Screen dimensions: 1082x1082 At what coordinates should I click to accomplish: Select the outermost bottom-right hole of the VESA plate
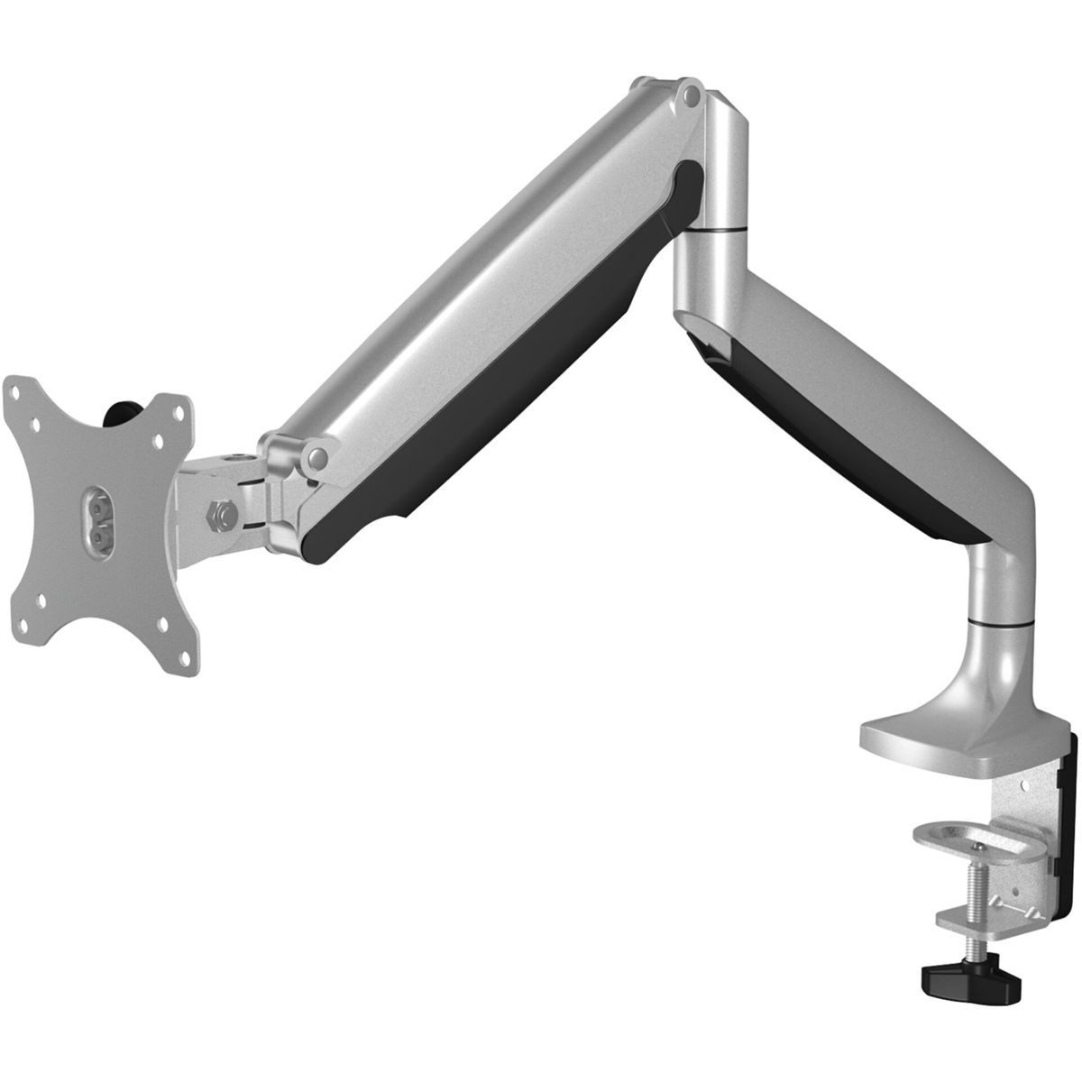(186, 637)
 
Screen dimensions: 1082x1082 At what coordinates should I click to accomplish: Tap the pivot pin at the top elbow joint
(691, 94)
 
